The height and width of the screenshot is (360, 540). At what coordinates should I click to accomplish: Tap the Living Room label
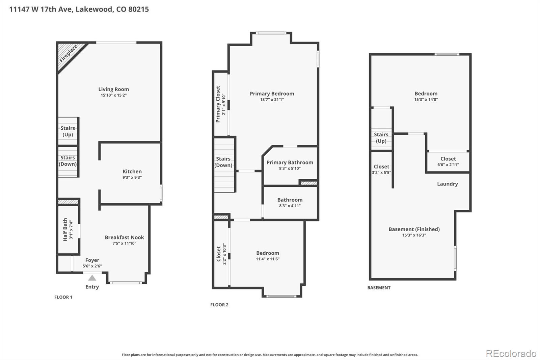pyautogui.click(x=113, y=89)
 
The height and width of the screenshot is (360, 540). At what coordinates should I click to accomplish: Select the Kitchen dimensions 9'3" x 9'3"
pyautogui.click(x=132, y=177)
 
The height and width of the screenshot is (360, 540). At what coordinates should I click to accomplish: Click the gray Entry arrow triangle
pyautogui.click(x=92, y=278)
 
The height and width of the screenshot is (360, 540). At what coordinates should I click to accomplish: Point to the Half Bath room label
pyautogui.click(x=65, y=229)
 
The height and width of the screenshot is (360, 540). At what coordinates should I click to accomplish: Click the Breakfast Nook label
pyautogui.click(x=124, y=237)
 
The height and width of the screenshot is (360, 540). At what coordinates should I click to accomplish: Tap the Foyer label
pyautogui.click(x=92, y=260)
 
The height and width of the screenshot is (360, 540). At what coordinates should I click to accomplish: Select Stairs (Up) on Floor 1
pyautogui.click(x=68, y=131)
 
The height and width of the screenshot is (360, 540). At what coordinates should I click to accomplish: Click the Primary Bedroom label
pyautogui.click(x=272, y=94)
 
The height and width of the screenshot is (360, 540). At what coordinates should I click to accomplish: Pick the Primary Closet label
pyautogui.click(x=218, y=104)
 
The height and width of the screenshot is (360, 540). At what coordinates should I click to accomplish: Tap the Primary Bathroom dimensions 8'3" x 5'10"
pyautogui.click(x=290, y=168)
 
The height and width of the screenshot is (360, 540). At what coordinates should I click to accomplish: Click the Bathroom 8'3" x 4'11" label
pyautogui.click(x=290, y=200)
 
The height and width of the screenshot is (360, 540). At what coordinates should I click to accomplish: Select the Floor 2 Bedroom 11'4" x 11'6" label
pyautogui.click(x=267, y=253)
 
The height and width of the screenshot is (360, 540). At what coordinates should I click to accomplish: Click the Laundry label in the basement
pyautogui.click(x=447, y=184)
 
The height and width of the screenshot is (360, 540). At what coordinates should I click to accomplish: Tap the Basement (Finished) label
pyautogui.click(x=414, y=229)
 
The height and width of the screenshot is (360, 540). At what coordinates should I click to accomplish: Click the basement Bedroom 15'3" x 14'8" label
pyautogui.click(x=426, y=94)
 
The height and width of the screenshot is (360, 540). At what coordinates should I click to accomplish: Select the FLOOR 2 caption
pyautogui.click(x=219, y=305)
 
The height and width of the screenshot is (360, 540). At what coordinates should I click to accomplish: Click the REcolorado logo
pyautogui.click(x=511, y=354)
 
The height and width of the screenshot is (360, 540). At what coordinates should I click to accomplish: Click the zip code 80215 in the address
pyautogui.click(x=138, y=9)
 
